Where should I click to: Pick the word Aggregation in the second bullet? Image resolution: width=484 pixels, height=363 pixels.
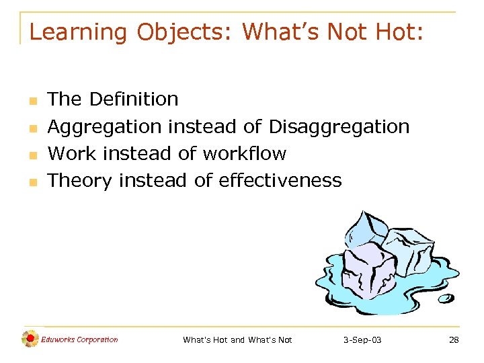(105, 126)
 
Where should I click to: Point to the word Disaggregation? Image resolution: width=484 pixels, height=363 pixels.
(339, 126)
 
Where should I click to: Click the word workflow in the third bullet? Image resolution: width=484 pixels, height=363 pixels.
(244, 153)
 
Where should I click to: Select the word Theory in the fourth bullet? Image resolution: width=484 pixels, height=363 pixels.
(81, 180)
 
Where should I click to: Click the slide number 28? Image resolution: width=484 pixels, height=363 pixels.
(454, 340)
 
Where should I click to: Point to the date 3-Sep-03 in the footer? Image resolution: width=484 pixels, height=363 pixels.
(362, 340)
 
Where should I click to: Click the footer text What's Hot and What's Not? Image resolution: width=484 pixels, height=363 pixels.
(237, 340)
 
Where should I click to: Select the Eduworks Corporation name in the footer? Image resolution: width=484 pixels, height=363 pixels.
(79, 339)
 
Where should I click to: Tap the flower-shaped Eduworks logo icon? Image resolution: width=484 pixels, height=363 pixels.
(30, 339)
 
